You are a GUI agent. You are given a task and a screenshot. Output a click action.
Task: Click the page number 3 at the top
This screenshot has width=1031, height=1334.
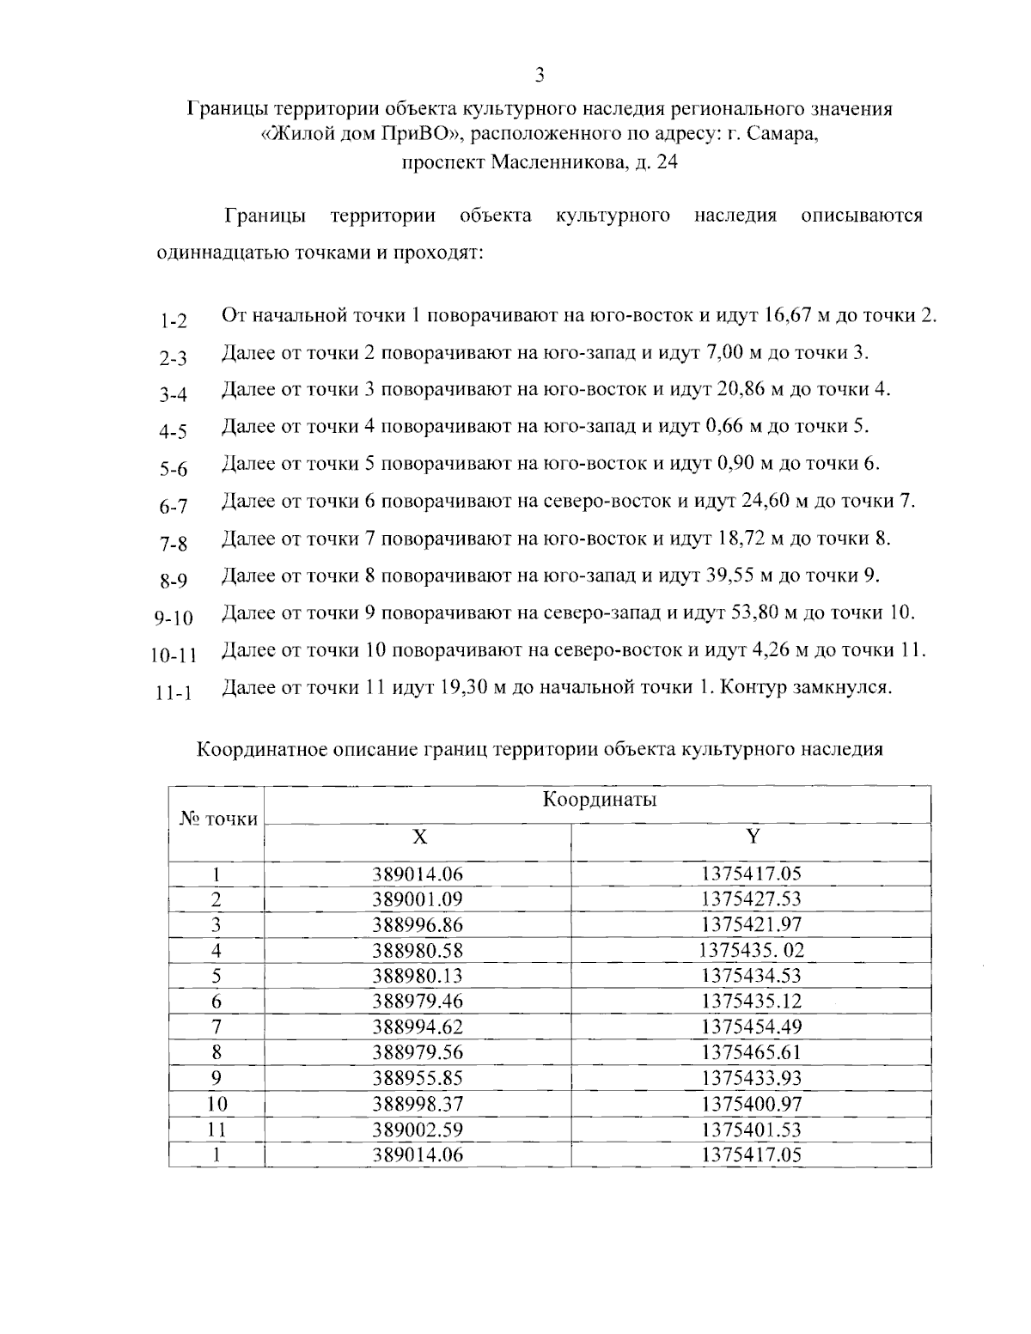pyautogui.click(x=540, y=75)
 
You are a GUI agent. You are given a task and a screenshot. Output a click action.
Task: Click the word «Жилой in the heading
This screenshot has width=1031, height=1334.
pyautogui.click(x=298, y=135)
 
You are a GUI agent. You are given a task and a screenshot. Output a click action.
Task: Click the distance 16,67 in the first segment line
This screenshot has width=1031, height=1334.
pyautogui.click(x=784, y=314)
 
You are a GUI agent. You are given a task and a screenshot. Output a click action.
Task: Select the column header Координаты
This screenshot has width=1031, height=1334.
pyautogui.click(x=599, y=801)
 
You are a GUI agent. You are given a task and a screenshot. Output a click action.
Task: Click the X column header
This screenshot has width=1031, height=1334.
pyautogui.click(x=418, y=838)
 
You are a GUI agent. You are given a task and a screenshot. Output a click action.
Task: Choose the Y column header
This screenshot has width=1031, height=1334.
pyautogui.click(x=752, y=838)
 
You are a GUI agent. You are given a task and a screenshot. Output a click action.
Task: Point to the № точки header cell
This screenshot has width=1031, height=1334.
pyautogui.click(x=218, y=819)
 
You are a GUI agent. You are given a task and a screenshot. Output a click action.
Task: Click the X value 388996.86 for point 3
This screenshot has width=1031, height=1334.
pyautogui.click(x=418, y=924)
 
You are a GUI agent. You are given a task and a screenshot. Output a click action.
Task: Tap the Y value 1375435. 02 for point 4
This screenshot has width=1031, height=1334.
pyautogui.click(x=752, y=950)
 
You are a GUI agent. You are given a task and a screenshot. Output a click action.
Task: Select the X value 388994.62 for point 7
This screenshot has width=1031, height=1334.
pyautogui.click(x=418, y=1026)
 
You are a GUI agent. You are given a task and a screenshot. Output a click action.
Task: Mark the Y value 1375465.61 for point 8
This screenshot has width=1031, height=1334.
pyautogui.click(x=752, y=1052)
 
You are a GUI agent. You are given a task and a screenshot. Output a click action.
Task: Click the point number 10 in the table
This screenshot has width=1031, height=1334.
pyautogui.click(x=217, y=1104)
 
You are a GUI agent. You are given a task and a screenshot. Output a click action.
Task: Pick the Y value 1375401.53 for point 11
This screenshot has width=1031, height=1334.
pyautogui.click(x=752, y=1130)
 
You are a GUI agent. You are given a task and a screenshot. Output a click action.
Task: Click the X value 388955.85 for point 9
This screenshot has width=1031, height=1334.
pyautogui.click(x=418, y=1078)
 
